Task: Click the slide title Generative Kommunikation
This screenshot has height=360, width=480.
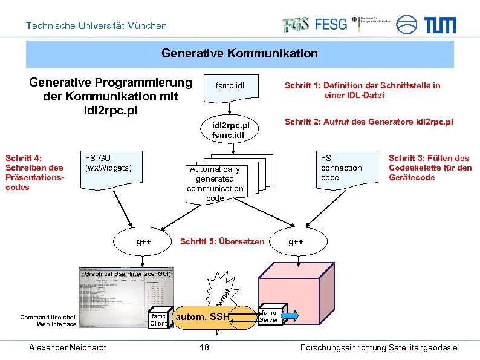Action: [x=239, y=54]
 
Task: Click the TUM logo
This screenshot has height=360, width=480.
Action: [x=444, y=25]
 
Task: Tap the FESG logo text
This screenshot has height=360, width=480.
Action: [x=331, y=24]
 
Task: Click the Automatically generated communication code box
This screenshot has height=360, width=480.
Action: [x=215, y=183]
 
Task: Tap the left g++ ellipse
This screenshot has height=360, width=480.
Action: [x=143, y=242]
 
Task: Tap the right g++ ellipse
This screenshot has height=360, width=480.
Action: [x=296, y=242]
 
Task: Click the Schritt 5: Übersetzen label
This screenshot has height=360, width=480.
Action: [x=222, y=242]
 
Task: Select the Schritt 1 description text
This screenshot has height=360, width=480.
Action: [x=362, y=90]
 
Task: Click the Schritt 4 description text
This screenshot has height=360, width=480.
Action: [x=34, y=172]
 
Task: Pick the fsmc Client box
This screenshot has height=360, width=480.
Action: [x=158, y=319]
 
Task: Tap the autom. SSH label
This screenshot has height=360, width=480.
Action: [x=202, y=316]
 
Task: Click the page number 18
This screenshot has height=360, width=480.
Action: [x=204, y=347]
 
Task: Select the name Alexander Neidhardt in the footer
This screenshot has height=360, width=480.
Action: [x=68, y=347]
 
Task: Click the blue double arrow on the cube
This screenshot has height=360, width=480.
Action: [x=290, y=316]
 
